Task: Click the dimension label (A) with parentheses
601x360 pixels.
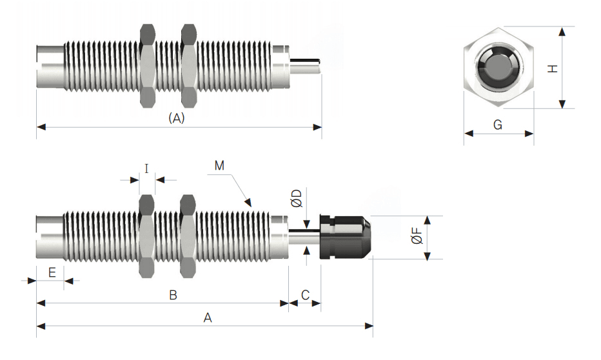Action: [176, 118]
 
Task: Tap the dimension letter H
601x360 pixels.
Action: [553, 68]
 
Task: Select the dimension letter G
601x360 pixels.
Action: [498, 125]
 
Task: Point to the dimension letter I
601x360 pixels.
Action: [147, 169]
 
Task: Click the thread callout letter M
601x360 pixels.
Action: [219, 165]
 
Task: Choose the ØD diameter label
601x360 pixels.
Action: [296, 198]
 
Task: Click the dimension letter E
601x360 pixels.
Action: [52, 272]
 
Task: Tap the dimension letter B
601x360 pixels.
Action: [173, 295]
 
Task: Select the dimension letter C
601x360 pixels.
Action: [306, 295]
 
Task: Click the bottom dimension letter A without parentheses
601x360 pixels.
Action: [207, 317]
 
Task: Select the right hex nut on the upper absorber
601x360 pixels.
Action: [189, 65]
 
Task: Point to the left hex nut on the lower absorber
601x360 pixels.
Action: [148, 237]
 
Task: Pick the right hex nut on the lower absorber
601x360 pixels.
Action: [189, 237]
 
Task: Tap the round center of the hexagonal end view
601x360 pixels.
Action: [498, 68]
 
